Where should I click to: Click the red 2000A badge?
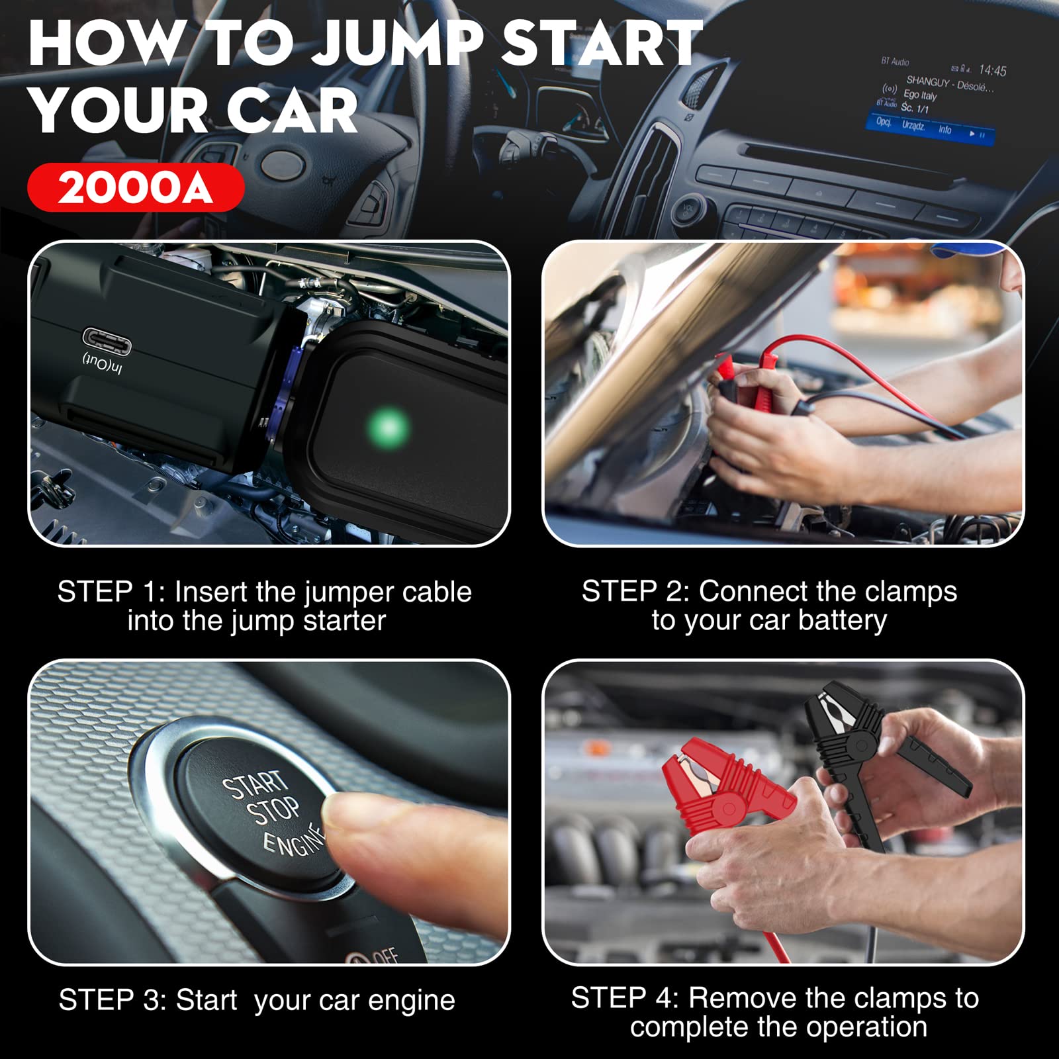coord(136,188)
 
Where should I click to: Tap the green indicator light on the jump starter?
coord(389,427)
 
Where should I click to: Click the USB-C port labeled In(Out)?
coord(107,341)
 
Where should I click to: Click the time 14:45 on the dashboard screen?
coord(992,69)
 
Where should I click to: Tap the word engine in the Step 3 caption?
coord(411,1001)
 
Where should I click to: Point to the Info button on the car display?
coord(944,130)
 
